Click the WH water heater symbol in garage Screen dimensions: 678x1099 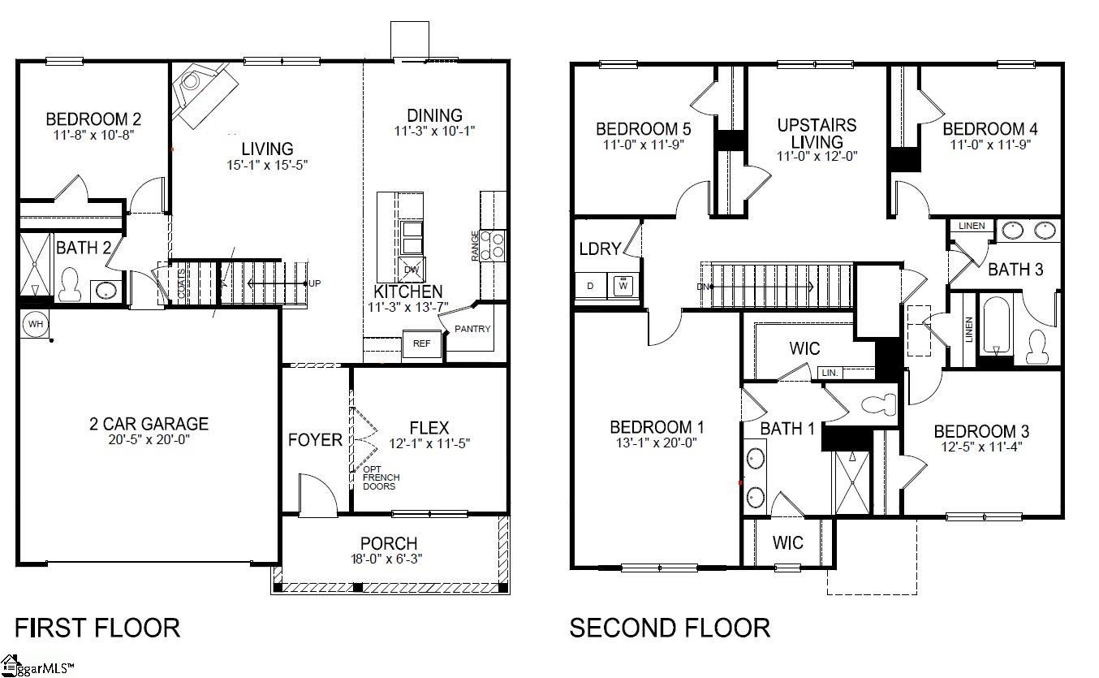point(35,323)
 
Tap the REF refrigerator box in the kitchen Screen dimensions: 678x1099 point(422,343)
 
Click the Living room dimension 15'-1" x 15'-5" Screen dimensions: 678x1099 point(267,164)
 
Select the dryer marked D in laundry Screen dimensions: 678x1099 point(590,286)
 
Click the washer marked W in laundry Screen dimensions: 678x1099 point(623,286)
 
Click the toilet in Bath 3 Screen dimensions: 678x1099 point(1037,347)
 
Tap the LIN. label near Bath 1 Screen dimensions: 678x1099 point(830,373)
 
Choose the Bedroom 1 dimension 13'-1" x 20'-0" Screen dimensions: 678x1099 point(657,443)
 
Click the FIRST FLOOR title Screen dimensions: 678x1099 point(97,628)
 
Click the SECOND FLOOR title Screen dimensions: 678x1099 point(670,628)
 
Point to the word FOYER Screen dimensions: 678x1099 point(315,440)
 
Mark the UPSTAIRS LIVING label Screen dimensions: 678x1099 point(817,133)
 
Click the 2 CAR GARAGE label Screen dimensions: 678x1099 point(149,424)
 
